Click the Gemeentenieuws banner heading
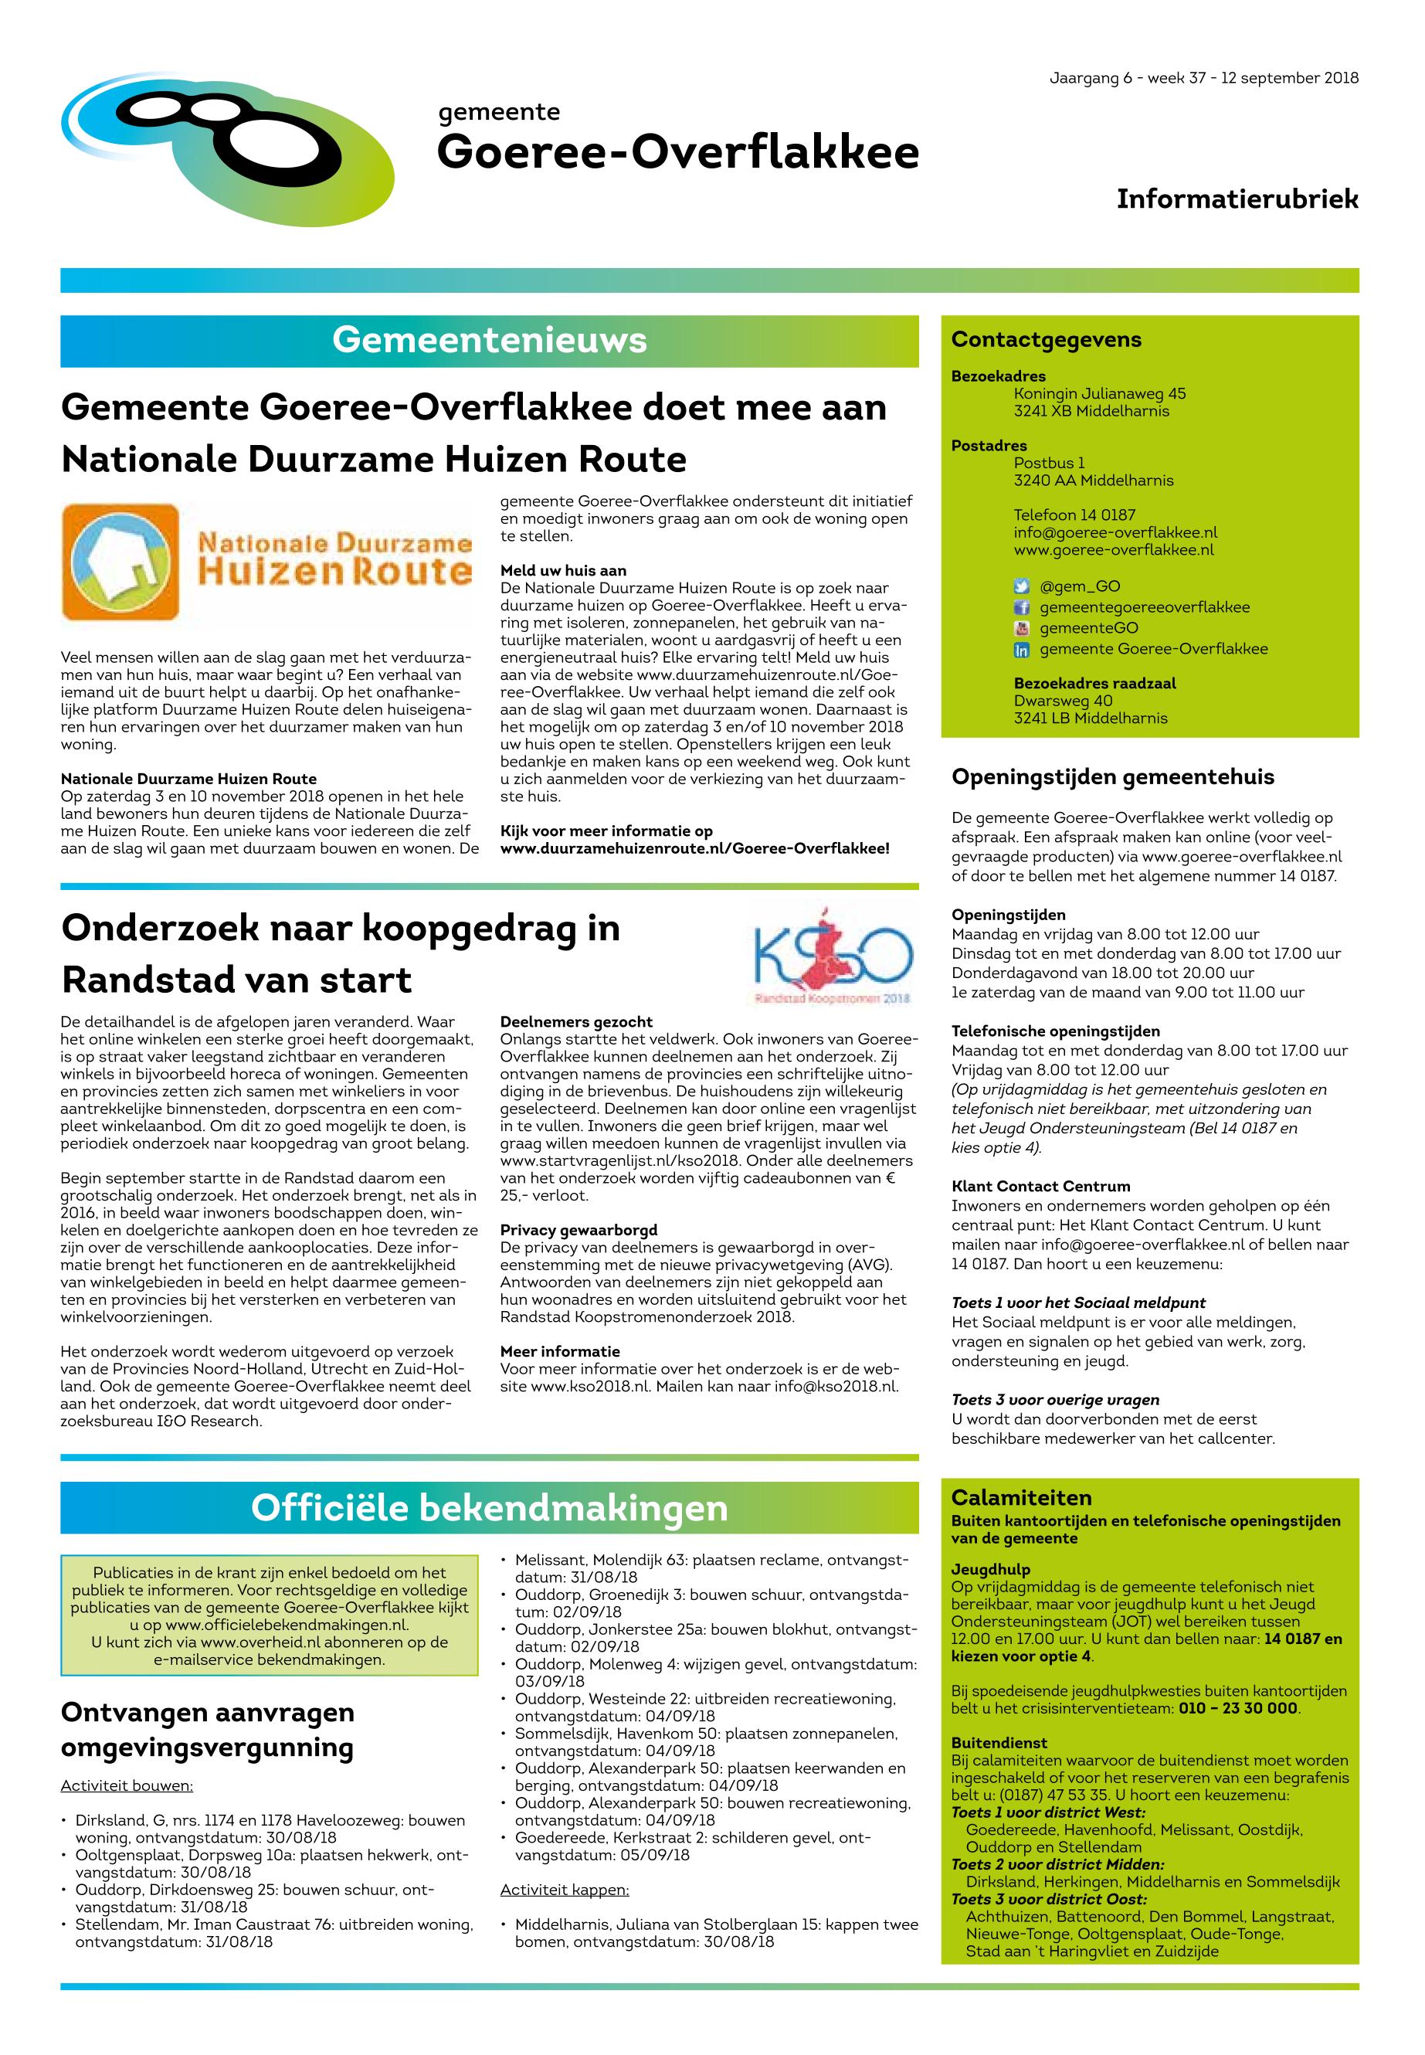[489, 340]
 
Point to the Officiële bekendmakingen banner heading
[489, 1509]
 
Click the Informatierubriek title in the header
[1237, 199]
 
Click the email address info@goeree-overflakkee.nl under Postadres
[1115, 532]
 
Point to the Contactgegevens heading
[1047, 339]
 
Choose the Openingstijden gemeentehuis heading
[1112, 777]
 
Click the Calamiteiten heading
[1021, 1498]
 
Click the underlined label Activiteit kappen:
[565, 1890]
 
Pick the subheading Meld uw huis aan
[563, 571]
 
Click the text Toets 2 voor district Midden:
[1057, 1865]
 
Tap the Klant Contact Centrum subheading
[1040, 1186]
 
